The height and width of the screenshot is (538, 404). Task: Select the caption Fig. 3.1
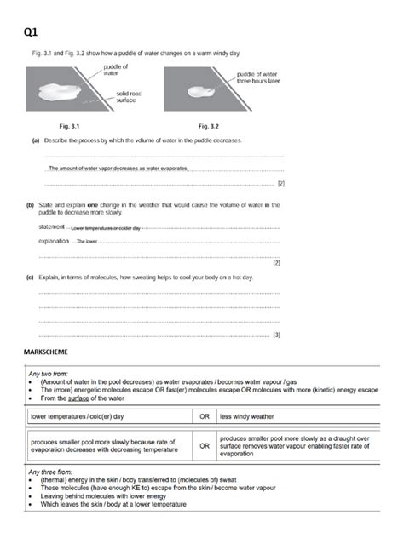click(x=82, y=125)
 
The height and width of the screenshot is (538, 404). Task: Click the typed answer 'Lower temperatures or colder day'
click(x=106, y=228)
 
